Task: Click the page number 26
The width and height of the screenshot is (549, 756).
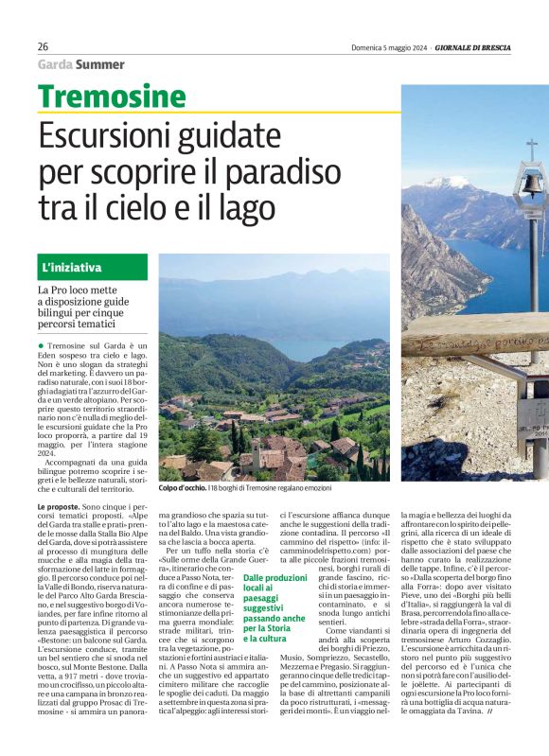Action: pos(44,46)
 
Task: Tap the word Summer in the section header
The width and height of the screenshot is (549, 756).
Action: pos(100,64)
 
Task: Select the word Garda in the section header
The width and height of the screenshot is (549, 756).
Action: pos(55,64)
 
